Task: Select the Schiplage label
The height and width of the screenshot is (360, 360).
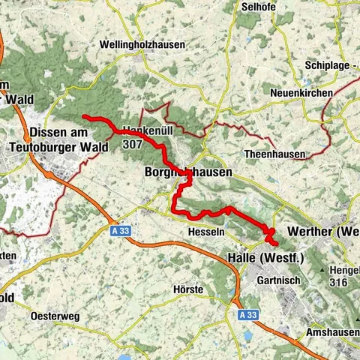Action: coord(331,65)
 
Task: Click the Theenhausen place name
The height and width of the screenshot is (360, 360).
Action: coord(275,154)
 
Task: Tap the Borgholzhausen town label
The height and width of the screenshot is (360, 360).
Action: coord(187,172)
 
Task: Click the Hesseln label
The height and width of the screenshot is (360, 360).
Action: coord(208,232)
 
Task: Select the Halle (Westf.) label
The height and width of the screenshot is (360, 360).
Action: coord(265,259)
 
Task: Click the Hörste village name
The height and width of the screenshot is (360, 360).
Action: coord(187,289)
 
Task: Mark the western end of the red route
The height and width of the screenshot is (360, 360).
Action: coord(84,116)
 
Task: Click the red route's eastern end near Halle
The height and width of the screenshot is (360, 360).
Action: coord(277,244)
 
